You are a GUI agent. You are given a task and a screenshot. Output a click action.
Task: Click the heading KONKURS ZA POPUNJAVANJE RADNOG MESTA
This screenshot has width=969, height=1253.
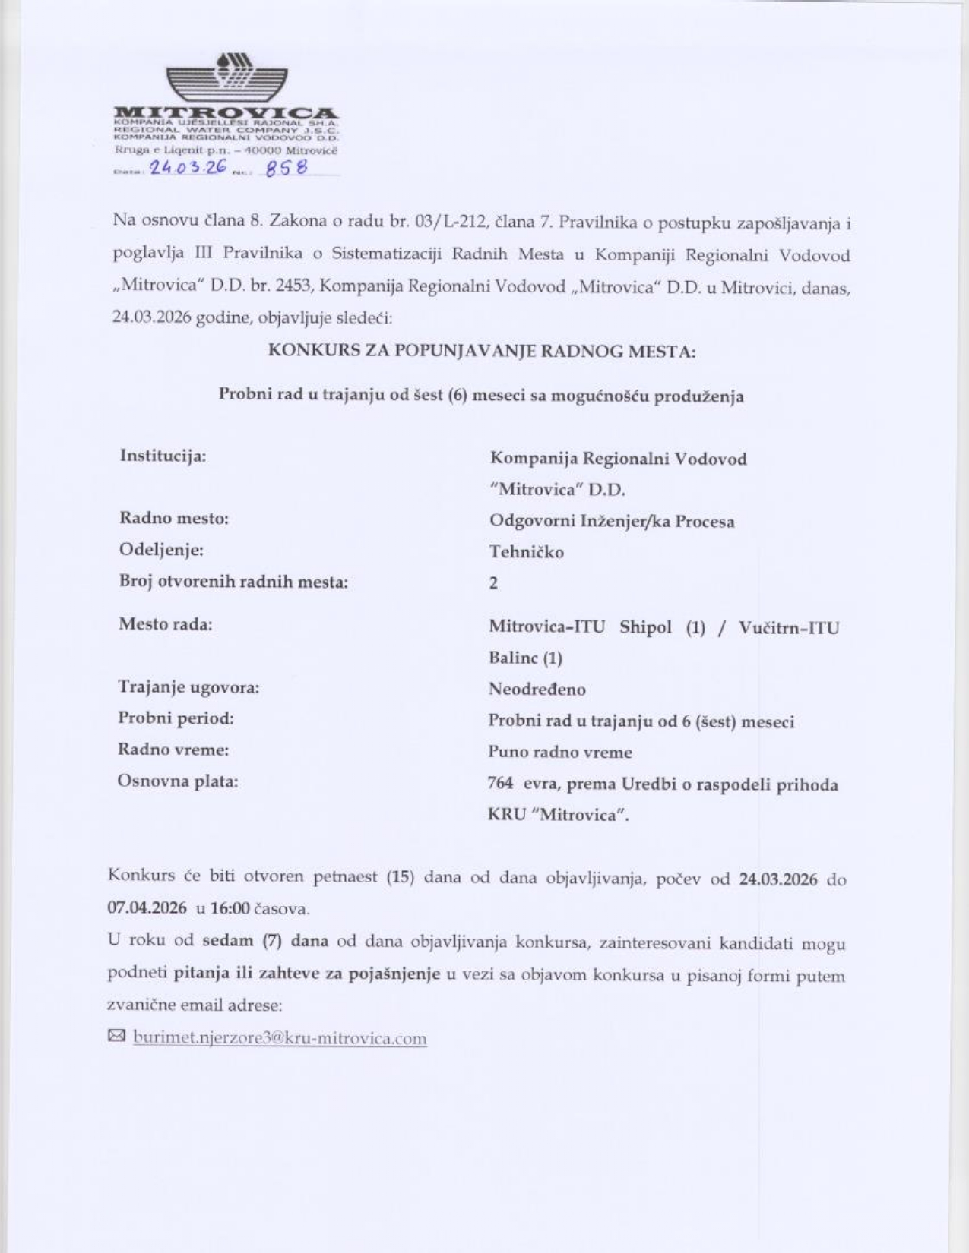click(482, 351)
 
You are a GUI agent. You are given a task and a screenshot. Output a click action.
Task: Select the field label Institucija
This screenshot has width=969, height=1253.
click(163, 456)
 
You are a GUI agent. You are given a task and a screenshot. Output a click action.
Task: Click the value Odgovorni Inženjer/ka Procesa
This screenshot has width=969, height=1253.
click(612, 521)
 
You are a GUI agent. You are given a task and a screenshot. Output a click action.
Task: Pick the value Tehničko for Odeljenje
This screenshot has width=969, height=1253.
click(526, 552)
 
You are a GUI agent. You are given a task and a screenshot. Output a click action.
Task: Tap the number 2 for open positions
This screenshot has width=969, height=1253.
click(494, 583)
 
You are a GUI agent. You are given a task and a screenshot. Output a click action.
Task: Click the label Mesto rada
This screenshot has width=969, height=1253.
click(165, 624)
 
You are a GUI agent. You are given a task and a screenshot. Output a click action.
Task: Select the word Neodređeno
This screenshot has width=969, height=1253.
click(537, 690)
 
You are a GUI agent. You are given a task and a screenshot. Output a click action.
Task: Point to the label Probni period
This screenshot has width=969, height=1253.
click(176, 718)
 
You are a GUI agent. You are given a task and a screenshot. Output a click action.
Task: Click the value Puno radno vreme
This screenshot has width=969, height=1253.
click(560, 752)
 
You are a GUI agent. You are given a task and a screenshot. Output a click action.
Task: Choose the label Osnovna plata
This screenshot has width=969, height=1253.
click(177, 781)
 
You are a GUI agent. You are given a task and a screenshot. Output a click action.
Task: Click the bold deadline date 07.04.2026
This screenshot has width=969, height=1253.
click(147, 907)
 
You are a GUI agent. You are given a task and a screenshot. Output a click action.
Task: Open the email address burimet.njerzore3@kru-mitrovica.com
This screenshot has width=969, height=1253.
click(280, 1038)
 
